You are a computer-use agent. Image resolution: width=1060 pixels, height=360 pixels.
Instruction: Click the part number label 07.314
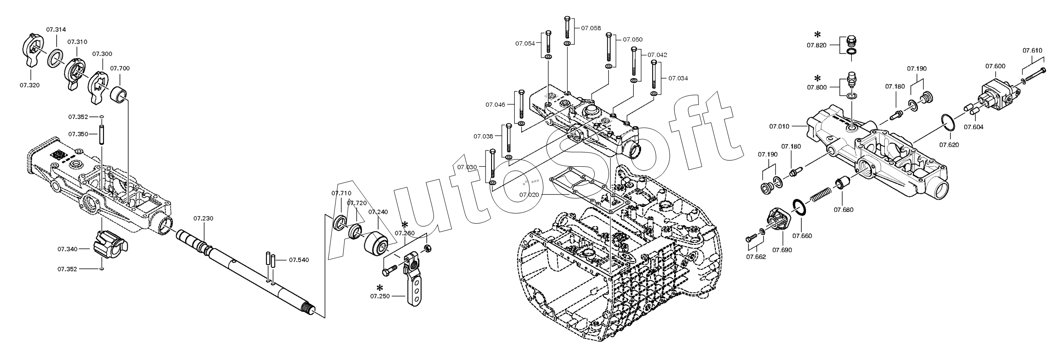tap(56, 30)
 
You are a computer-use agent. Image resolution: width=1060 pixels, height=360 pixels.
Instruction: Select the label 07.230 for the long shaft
tap(203, 219)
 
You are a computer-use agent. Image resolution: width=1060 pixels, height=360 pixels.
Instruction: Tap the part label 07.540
tap(299, 260)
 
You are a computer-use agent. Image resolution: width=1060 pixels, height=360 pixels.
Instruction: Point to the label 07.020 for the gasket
tap(529, 195)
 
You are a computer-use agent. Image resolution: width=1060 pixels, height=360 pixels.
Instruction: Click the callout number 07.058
tap(591, 28)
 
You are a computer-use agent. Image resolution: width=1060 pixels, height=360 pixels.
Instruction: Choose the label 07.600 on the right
tap(995, 66)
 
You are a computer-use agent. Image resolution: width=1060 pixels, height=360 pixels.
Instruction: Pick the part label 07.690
tap(782, 250)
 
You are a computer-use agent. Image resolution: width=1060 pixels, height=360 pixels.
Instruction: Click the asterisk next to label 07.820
tap(817, 35)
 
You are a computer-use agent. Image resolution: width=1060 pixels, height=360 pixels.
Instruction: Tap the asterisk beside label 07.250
tap(379, 288)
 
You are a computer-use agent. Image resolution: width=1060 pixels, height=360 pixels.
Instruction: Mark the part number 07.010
tap(779, 126)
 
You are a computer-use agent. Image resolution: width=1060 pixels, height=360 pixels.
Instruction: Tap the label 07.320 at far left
tap(29, 85)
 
